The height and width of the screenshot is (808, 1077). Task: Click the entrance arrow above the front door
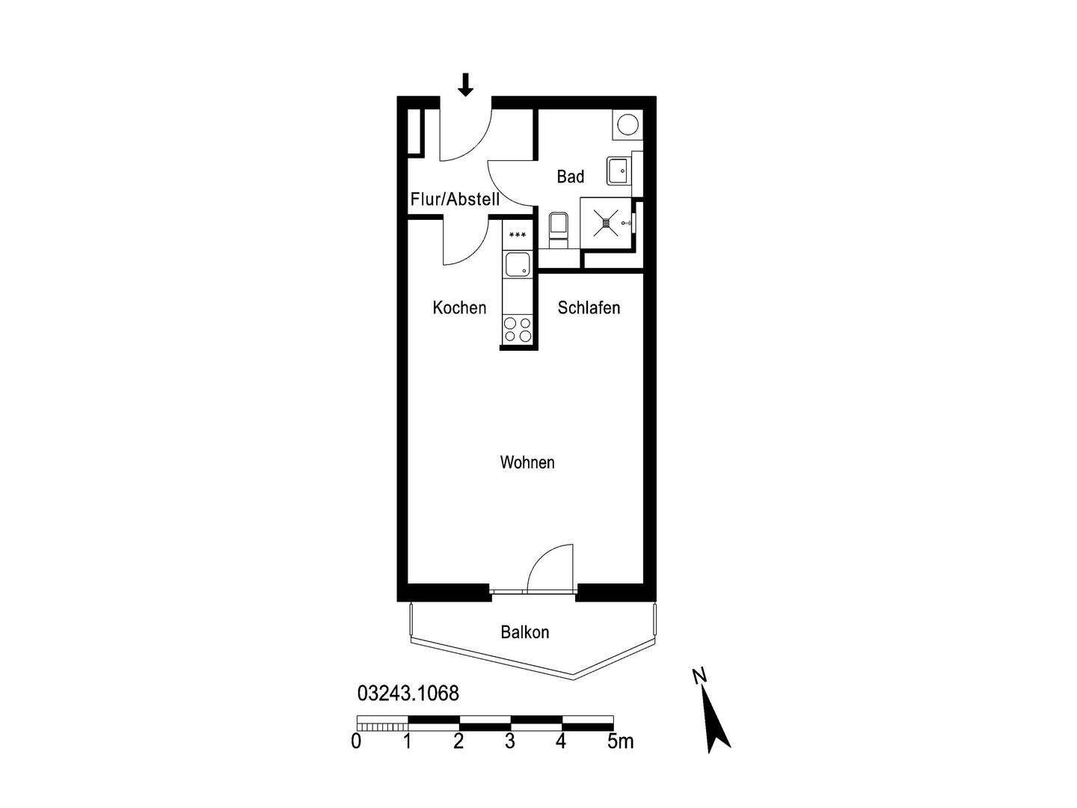pyautogui.click(x=466, y=85)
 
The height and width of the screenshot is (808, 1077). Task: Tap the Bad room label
pyautogui.click(x=571, y=177)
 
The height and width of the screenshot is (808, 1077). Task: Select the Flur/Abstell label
pyautogui.click(x=455, y=200)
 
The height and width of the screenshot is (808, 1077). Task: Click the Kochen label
pyautogui.click(x=459, y=307)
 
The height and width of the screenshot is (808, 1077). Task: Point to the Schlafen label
pyautogui.click(x=589, y=307)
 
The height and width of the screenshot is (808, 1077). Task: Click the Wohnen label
pyautogui.click(x=527, y=462)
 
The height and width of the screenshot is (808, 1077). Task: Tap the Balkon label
pyautogui.click(x=525, y=632)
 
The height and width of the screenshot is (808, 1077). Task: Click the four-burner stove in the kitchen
pyautogui.click(x=518, y=330)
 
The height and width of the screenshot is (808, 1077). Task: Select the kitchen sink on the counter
pyautogui.click(x=518, y=265)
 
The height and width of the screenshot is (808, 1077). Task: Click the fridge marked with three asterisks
pyautogui.click(x=517, y=235)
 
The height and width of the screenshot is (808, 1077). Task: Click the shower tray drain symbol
pyautogui.click(x=606, y=221)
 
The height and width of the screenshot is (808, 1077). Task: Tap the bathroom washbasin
pyautogui.click(x=619, y=171)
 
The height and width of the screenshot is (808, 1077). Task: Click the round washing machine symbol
pyautogui.click(x=627, y=124)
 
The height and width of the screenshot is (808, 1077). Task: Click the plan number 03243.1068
pyautogui.click(x=408, y=694)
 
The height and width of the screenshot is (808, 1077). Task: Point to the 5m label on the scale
pyautogui.click(x=620, y=741)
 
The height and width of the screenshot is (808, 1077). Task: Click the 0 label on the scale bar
pyautogui.click(x=356, y=741)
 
